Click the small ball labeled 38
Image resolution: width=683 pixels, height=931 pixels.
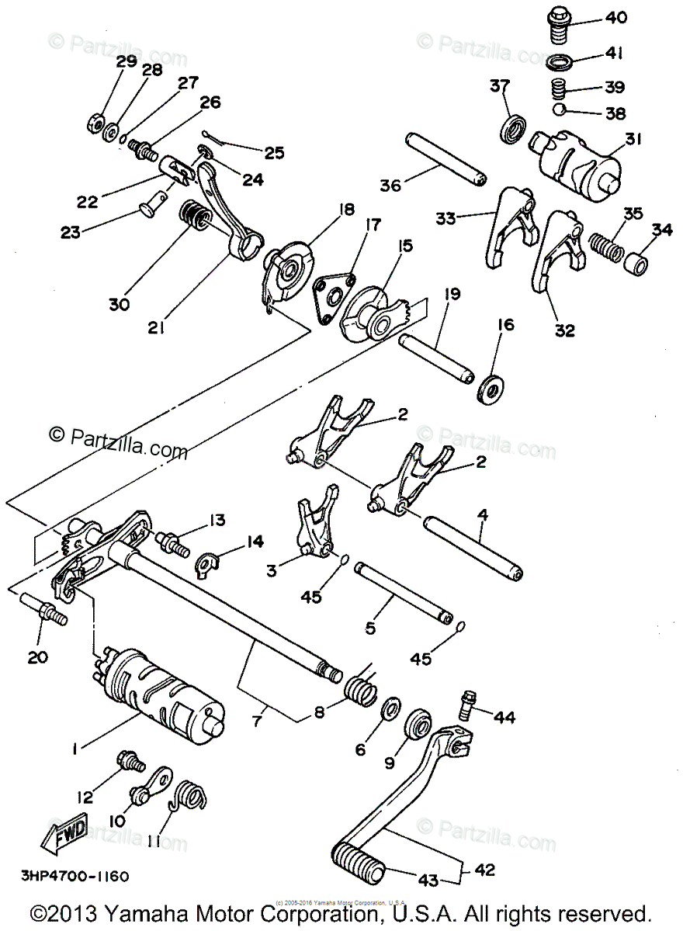coord(560,111)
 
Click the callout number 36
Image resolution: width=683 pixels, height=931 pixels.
coord(390,185)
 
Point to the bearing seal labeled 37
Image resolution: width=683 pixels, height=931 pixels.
coord(513,127)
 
